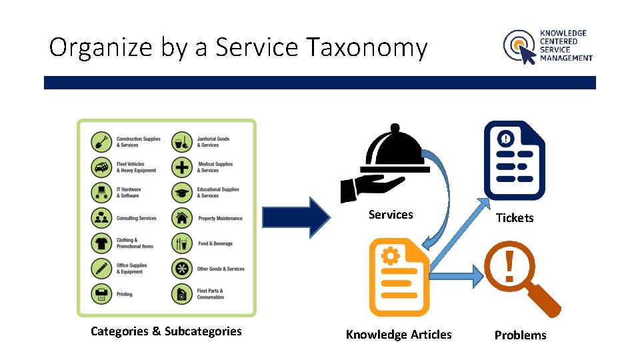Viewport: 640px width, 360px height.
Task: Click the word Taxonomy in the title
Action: tap(366, 47)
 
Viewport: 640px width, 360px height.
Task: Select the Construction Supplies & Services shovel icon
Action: tap(101, 142)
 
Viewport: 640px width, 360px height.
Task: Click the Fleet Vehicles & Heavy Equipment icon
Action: tap(101, 167)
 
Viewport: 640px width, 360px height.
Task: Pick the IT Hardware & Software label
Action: tap(129, 192)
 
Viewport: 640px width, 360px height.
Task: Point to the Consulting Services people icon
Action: tap(101, 218)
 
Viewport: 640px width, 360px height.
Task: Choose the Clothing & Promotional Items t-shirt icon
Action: tap(101, 243)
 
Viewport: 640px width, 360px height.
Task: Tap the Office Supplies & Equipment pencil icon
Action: tap(101, 268)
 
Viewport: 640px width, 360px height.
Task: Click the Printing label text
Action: tap(125, 294)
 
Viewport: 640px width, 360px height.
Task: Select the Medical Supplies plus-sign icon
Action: tap(182, 167)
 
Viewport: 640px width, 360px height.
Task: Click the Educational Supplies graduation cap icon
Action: tap(182, 193)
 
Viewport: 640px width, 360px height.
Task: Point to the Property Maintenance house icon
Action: tap(182, 218)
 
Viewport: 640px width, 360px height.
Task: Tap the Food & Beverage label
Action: tap(215, 243)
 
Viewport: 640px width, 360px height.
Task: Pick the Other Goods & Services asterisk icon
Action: tap(182, 269)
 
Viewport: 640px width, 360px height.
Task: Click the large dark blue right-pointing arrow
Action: tap(297, 217)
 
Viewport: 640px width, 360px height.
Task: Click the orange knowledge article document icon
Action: tap(399, 277)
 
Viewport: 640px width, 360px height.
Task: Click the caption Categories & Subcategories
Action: tap(166, 331)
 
